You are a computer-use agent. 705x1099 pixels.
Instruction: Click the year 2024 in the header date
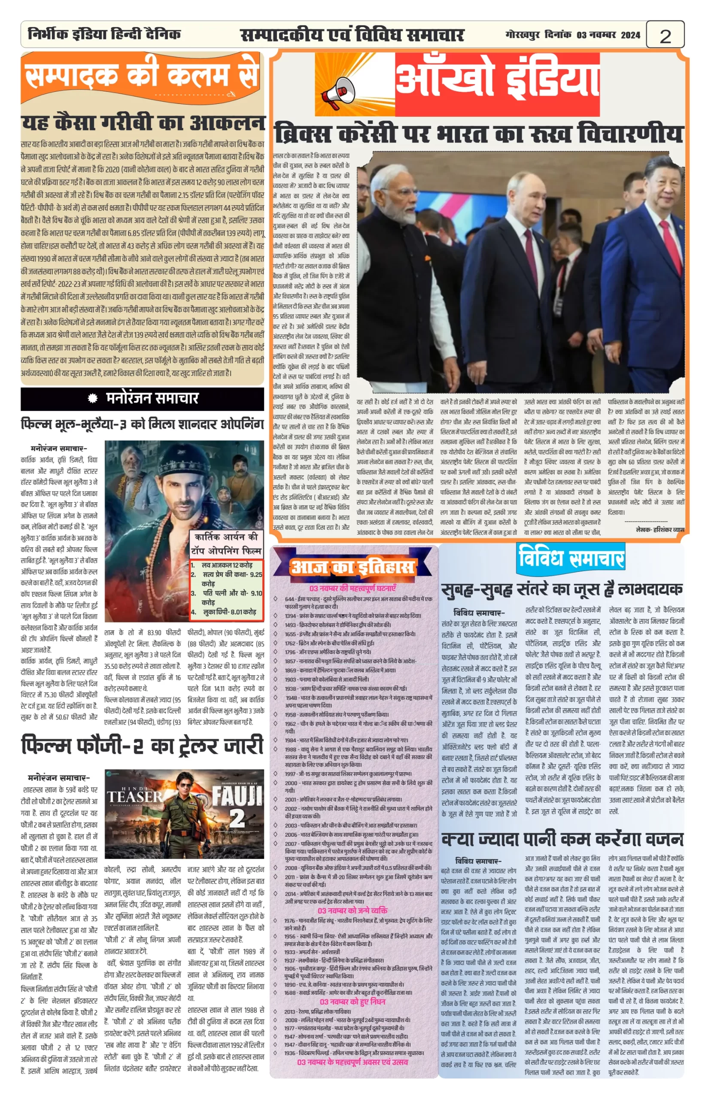(630, 35)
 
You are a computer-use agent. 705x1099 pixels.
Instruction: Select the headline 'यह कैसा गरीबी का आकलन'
(143, 123)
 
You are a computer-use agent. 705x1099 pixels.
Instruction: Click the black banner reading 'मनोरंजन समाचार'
(143, 398)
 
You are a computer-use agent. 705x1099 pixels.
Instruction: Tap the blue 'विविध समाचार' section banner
(571, 559)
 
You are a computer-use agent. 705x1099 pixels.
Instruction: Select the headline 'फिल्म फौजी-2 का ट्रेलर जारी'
(143, 746)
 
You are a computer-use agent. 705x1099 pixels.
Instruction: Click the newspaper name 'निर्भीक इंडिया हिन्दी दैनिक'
(104, 34)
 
